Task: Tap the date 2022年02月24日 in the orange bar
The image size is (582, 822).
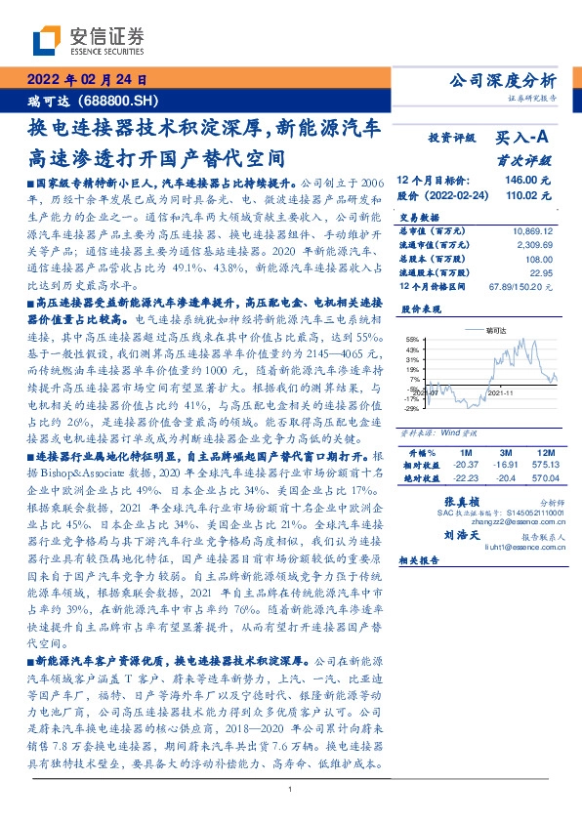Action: pos(86,80)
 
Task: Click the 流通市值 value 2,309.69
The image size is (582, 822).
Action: pos(535,245)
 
